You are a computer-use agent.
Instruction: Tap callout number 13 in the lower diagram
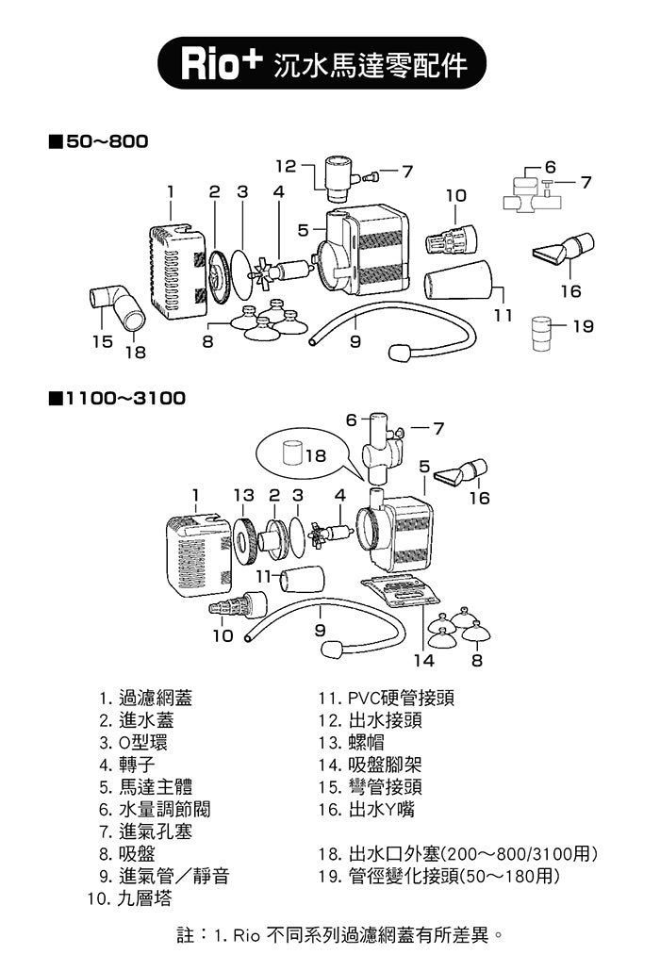243,494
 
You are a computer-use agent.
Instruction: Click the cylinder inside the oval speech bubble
292,453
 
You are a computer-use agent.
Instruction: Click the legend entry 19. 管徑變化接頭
439,877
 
